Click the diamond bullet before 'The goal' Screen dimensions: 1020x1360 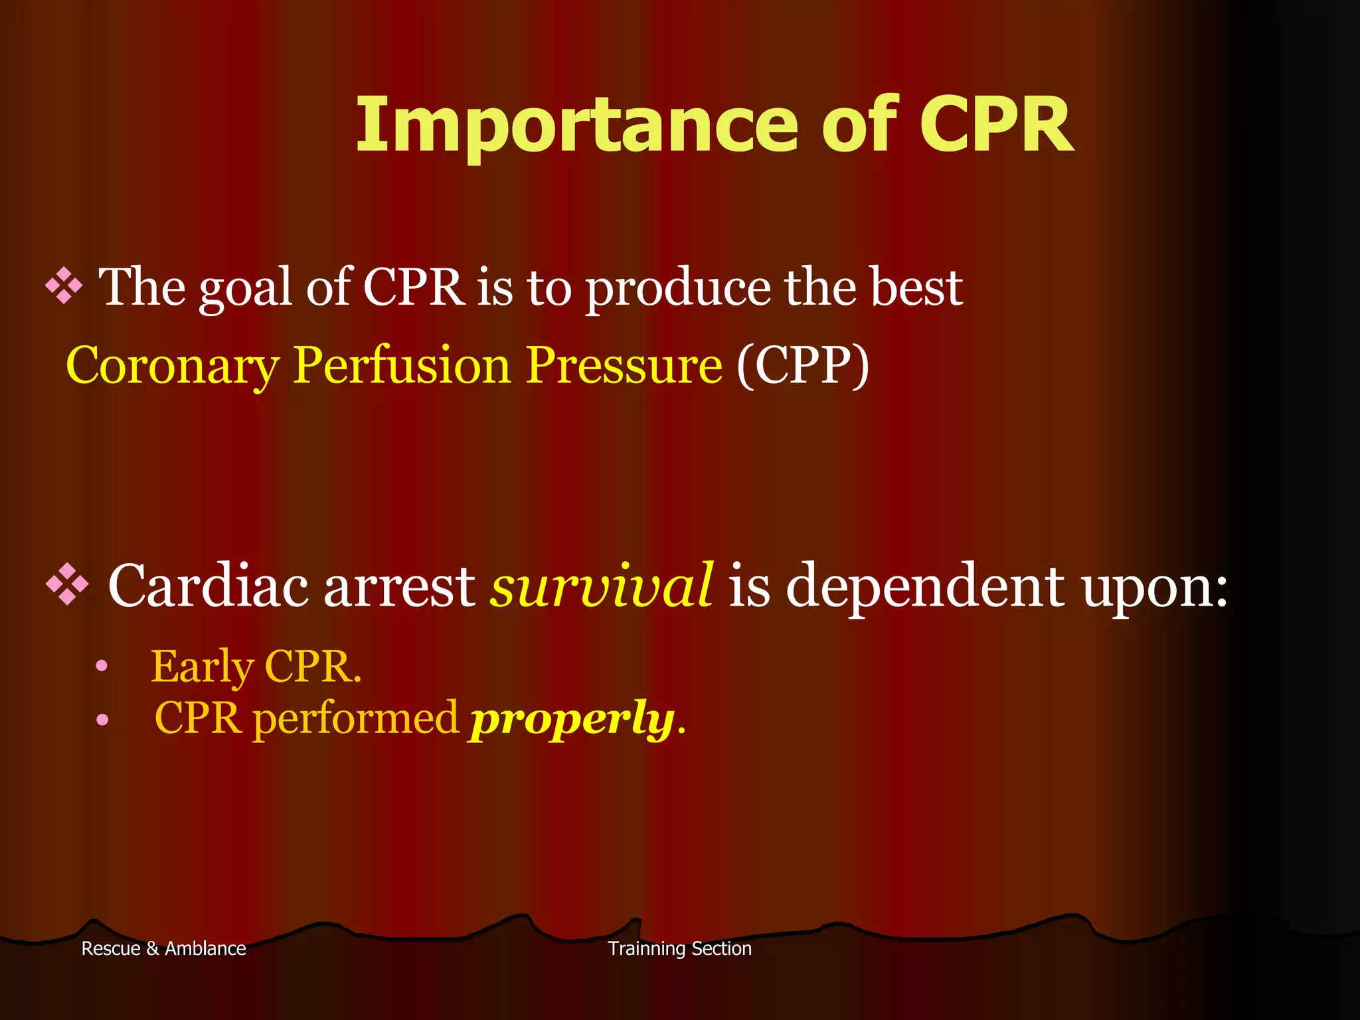click(x=64, y=286)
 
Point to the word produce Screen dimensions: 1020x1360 click(x=677, y=289)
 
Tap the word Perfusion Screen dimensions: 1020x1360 click(x=402, y=365)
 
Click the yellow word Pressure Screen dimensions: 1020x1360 click(x=624, y=365)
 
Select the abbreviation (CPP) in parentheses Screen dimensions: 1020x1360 click(x=802, y=365)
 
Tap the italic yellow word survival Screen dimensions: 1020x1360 click(x=602, y=586)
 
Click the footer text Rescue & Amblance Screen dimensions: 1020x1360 click(x=163, y=948)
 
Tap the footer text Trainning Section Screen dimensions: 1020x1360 click(x=680, y=948)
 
